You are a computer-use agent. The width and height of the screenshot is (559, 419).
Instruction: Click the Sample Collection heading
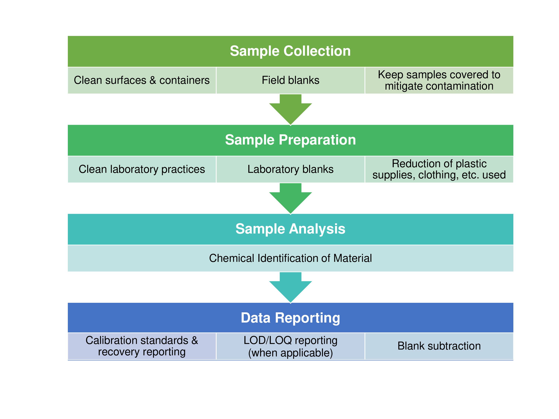(290, 51)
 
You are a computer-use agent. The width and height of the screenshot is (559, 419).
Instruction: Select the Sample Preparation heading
(290, 140)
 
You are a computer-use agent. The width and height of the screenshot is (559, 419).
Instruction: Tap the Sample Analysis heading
(290, 229)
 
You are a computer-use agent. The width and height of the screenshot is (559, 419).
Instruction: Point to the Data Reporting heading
(290, 318)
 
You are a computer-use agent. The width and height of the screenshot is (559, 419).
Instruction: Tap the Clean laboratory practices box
(142, 169)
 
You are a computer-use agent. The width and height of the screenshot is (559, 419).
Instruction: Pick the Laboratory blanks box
(290, 169)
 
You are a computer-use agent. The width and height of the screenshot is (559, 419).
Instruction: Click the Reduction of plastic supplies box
(439, 169)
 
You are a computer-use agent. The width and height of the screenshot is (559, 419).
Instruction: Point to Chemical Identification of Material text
(290, 258)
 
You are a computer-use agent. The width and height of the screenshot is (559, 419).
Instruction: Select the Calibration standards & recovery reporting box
(142, 346)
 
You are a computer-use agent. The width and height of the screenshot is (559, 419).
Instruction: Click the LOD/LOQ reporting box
(290, 346)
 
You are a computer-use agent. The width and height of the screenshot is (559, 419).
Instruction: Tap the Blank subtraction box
(439, 346)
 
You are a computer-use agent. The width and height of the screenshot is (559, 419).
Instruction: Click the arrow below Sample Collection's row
(290, 110)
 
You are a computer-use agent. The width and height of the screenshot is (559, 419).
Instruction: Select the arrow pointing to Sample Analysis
(290, 199)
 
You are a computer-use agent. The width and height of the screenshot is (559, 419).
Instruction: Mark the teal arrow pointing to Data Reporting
(290, 288)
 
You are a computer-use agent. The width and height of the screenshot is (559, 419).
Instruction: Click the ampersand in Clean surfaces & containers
(153, 80)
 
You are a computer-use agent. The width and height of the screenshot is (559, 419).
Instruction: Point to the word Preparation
(317, 140)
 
